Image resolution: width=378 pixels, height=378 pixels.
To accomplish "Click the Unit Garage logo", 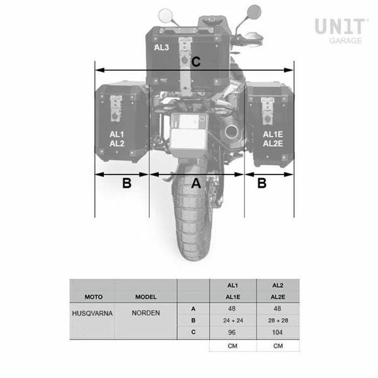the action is (341, 31).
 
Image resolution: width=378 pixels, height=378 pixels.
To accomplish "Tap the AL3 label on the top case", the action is (161, 47).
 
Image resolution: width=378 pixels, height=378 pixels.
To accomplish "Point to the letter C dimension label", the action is (196, 62).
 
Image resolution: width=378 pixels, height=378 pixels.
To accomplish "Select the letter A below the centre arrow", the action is (196, 183).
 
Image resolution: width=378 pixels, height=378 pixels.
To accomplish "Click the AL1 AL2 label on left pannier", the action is (117, 139).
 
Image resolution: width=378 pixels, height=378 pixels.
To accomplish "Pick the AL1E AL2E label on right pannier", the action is (273, 139).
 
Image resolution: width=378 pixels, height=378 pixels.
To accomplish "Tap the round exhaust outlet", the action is (231, 132).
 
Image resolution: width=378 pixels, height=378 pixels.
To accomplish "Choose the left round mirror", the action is (166, 15).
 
